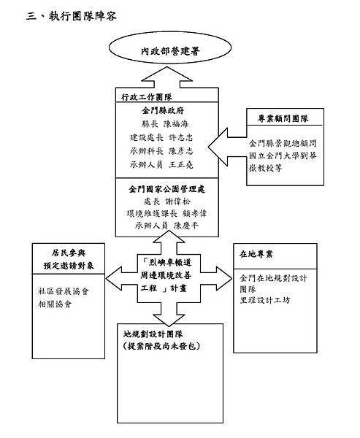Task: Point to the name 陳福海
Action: tap(180, 123)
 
